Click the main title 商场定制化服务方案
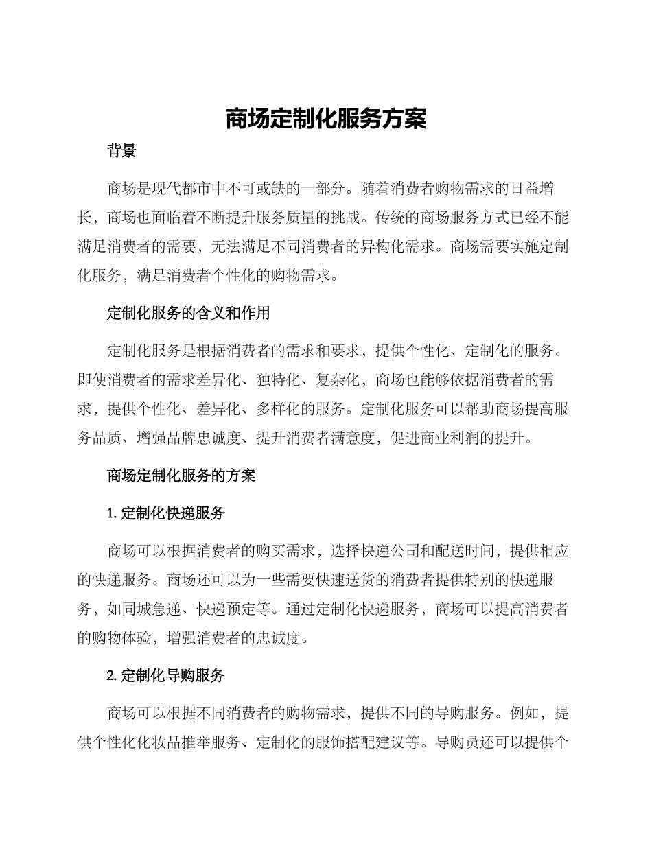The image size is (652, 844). point(326,119)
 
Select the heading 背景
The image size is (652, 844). point(121,152)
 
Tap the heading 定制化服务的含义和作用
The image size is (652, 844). point(188,314)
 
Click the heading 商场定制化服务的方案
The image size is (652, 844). point(181,476)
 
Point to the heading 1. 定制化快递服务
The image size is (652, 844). point(166,513)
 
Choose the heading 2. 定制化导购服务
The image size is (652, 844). point(166,675)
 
